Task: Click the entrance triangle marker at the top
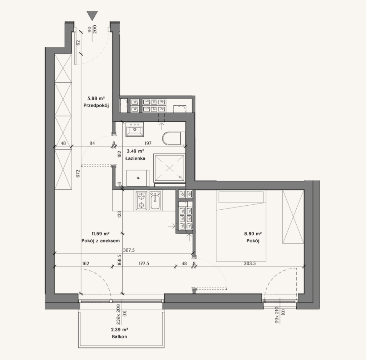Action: (x=92, y=16)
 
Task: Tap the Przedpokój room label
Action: (x=96, y=105)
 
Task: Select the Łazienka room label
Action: (x=135, y=158)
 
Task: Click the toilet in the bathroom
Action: (x=174, y=139)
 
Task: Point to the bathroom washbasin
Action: (x=135, y=129)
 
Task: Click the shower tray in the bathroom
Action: (x=169, y=167)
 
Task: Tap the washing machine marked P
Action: (x=138, y=178)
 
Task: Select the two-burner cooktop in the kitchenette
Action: (x=141, y=200)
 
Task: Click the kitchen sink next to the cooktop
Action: (x=155, y=200)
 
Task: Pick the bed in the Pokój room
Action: (x=241, y=226)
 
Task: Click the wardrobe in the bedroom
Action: (x=293, y=216)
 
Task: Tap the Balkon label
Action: (x=119, y=336)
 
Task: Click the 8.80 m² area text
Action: (x=253, y=234)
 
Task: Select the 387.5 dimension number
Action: (x=129, y=250)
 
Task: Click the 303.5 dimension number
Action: (x=250, y=264)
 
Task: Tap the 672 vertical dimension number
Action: (x=78, y=173)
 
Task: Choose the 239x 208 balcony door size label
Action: (x=118, y=314)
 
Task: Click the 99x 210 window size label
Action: (x=277, y=315)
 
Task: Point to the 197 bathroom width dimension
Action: (x=148, y=143)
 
